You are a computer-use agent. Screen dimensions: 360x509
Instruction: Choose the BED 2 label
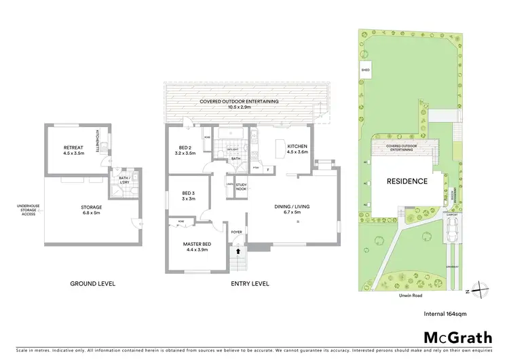click(x=185, y=150)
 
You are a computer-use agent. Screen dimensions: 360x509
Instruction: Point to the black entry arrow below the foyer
click(x=237, y=251)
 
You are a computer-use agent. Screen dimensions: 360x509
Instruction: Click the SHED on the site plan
click(x=366, y=69)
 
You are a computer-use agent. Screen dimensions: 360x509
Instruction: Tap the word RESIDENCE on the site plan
click(x=407, y=181)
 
